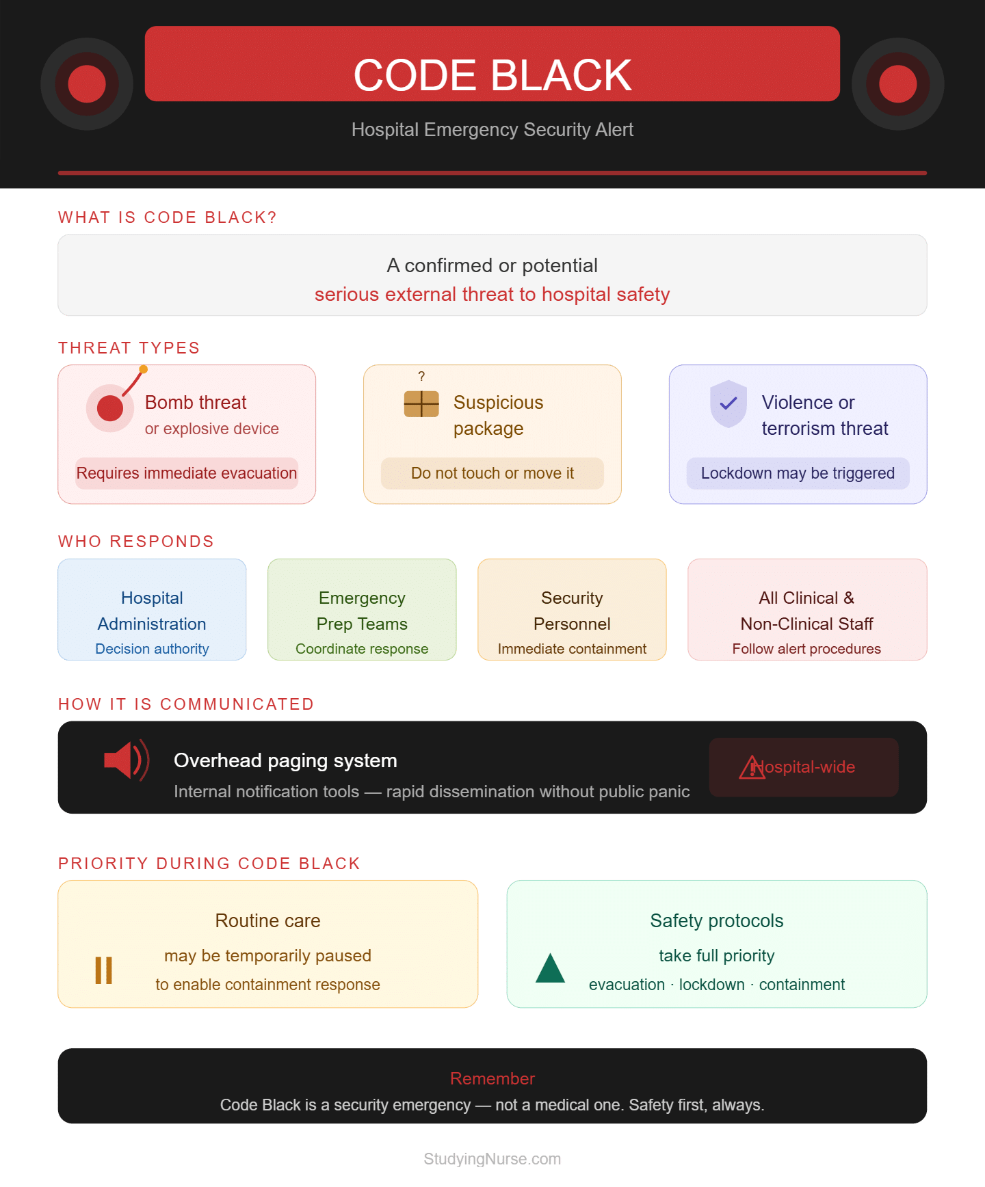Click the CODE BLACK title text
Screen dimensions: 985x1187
(492, 75)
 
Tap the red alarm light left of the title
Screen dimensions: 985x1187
(87, 84)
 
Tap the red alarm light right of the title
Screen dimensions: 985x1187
(897, 84)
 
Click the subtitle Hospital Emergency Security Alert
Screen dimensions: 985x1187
(492, 129)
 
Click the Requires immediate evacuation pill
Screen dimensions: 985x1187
(187, 473)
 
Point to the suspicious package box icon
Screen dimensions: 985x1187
(421, 403)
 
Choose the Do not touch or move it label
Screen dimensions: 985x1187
(492, 473)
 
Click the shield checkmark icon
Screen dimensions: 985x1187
(728, 403)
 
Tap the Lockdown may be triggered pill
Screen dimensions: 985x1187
(798, 473)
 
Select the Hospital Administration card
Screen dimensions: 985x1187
(152, 609)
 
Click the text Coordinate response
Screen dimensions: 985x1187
(362, 649)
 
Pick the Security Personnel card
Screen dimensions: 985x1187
(572, 609)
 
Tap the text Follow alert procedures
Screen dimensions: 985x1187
(806, 649)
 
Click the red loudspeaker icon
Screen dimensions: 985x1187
(127, 760)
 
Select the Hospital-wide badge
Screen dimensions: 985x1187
(804, 767)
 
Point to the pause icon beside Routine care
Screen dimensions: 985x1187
(103, 970)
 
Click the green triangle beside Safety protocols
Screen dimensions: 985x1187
(550, 968)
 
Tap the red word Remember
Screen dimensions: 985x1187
(492, 1078)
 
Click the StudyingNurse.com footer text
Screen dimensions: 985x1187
(492, 1159)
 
